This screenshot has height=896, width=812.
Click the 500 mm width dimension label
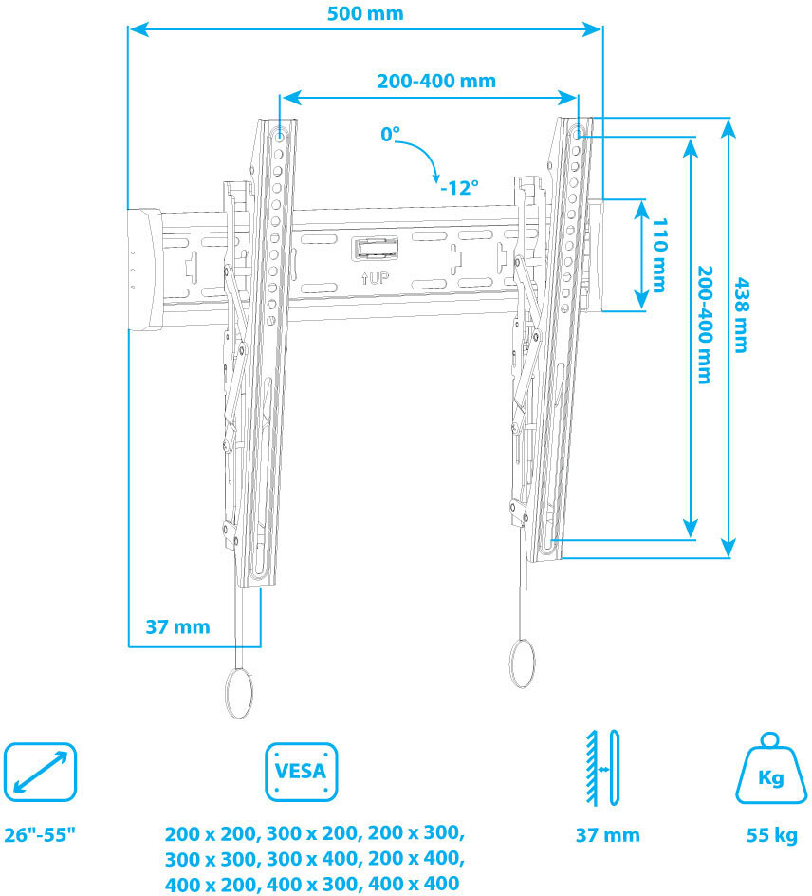coord(364,13)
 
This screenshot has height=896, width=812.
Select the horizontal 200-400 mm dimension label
coord(435,81)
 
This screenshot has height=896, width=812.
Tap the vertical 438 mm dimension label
coord(743,314)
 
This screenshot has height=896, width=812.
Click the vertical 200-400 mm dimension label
coord(704,324)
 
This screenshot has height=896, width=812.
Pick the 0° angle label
coord(390,135)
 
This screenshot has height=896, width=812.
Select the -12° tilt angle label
coord(459,187)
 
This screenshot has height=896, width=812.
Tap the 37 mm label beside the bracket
coord(177,626)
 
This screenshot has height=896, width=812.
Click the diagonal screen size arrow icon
coord(39,772)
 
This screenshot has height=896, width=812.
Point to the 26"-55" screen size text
coord(40,835)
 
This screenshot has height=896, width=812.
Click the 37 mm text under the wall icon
coord(607,835)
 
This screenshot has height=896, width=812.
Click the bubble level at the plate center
coord(376,249)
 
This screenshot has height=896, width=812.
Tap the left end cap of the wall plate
coord(144,269)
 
